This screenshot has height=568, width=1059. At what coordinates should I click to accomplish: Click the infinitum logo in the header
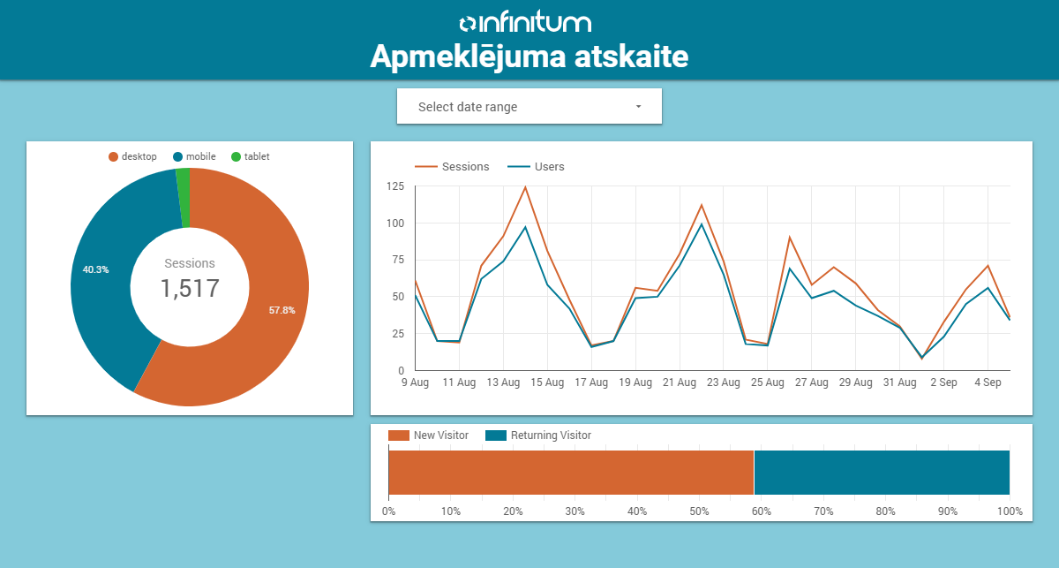pyautogui.click(x=525, y=23)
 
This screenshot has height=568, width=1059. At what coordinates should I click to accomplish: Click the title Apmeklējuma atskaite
pyautogui.click(x=529, y=57)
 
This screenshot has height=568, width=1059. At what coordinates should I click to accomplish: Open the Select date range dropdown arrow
pyautogui.click(x=638, y=107)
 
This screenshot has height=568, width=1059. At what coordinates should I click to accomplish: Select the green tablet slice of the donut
pyautogui.click(x=184, y=198)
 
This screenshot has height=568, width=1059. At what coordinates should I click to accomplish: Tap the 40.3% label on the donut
pyautogui.click(x=95, y=269)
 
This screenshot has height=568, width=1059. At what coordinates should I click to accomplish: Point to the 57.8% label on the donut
pyautogui.click(x=282, y=310)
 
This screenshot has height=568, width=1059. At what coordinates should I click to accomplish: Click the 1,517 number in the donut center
pyautogui.click(x=189, y=288)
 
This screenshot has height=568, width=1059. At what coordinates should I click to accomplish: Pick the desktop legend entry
pyautogui.click(x=133, y=157)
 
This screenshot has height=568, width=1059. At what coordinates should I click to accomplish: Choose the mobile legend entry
pyautogui.click(x=195, y=157)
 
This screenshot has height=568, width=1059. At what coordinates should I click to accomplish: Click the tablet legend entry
pyautogui.click(x=251, y=157)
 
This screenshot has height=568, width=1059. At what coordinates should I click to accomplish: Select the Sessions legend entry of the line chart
pyautogui.click(x=453, y=167)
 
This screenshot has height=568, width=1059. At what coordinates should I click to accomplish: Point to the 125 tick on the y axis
pyautogui.click(x=395, y=186)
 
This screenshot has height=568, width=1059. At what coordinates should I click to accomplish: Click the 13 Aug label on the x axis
pyautogui.click(x=503, y=383)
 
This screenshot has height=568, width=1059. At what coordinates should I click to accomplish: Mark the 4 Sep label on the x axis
pyautogui.click(x=988, y=383)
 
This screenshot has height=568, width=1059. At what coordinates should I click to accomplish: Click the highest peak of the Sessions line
pyautogui.click(x=525, y=187)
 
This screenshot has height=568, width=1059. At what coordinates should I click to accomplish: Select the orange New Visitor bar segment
pyautogui.click(x=571, y=473)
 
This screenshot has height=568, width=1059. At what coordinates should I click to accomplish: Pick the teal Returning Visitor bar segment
pyautogui.click(x=882, y=473)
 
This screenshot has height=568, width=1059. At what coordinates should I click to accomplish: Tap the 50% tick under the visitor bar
pyautogui.click(x=699, y=511)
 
